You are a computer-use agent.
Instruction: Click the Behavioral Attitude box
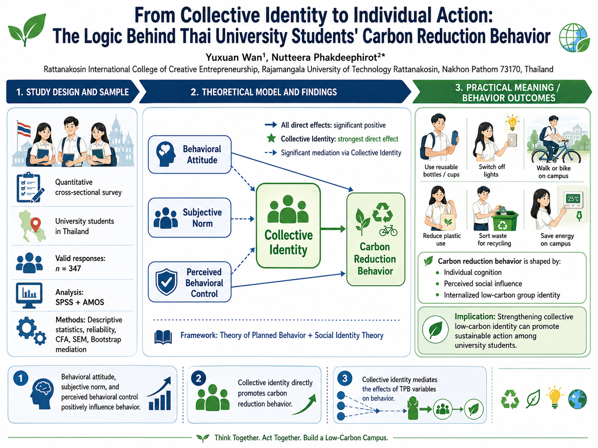pos(190,155)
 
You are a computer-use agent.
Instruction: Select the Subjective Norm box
pos(190,218)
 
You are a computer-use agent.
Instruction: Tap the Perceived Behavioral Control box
pos(190,282)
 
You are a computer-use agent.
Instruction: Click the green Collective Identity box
pos(288,226)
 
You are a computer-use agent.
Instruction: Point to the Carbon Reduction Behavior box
pos(376,239)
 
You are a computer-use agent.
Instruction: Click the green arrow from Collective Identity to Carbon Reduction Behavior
pos(333,229)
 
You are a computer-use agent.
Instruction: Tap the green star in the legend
pos(271,139)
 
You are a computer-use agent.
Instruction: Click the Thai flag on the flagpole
pos(24,129)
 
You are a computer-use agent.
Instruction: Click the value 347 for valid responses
pos(75,269)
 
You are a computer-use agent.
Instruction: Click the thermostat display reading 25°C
pos(573,199)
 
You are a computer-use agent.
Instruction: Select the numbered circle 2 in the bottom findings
pos(199,378)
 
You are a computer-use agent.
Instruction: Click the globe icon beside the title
pos(574,38)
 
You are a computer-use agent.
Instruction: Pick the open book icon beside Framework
pos(163,337)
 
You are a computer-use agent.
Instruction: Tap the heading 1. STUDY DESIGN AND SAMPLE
pos(72,92)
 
